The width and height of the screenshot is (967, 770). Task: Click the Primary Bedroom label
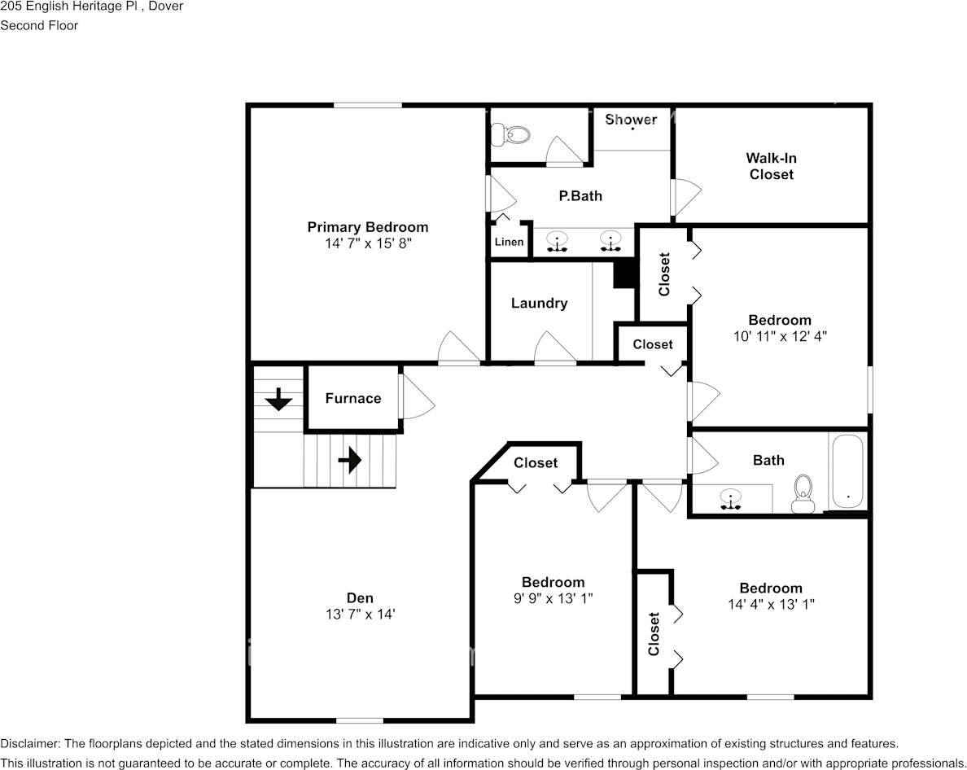pos(367,227)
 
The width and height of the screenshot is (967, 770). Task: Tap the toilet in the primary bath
pos(510,133)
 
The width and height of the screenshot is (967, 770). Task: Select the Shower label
pos(631,120)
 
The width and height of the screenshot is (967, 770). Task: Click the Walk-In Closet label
pos(771,166)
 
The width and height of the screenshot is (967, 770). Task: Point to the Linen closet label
pos(509,242)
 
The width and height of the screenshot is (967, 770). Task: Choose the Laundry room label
pos(539,303)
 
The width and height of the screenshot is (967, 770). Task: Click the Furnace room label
pos(352,398)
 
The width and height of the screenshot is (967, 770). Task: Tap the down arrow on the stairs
pos(278,400)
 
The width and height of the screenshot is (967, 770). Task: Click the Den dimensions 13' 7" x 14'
pos(360,615)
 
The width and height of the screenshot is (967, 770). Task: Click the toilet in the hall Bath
pos(803,493)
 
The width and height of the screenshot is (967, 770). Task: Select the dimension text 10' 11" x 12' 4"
pos(780,335)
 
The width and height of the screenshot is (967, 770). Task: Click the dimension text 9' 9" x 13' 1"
pos(553,598)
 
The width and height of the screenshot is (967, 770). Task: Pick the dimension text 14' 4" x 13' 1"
pos(771,604)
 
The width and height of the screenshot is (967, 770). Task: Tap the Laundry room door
pos(555,348)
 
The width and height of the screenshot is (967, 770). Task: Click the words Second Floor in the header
pos(39,25)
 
